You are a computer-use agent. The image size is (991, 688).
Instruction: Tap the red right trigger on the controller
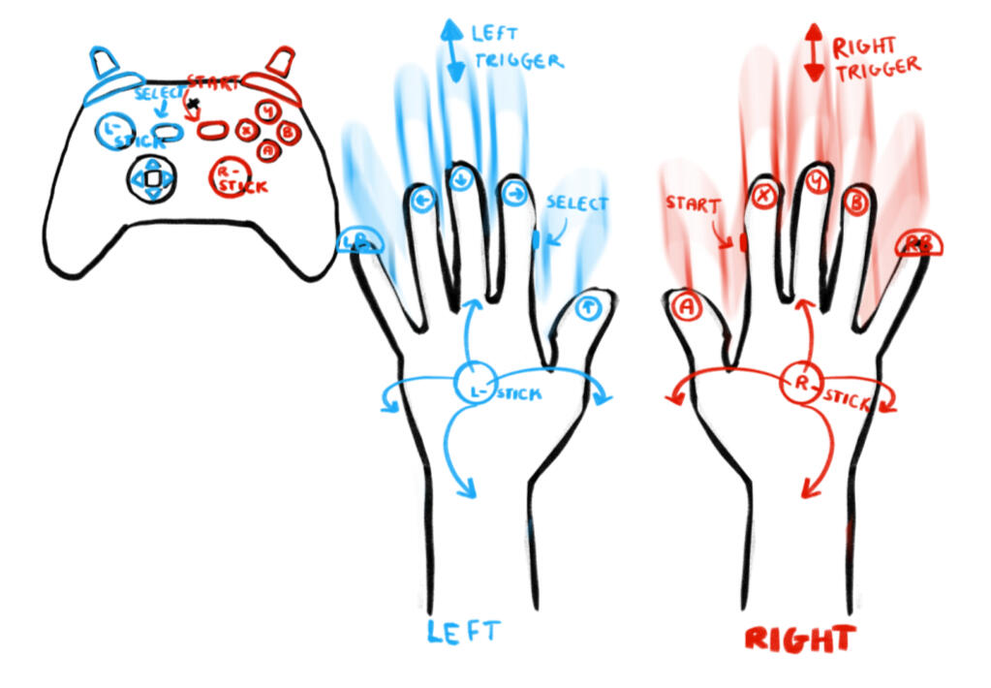click(x=280, y=62)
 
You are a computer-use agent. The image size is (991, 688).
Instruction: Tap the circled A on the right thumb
click(x=686, y=306)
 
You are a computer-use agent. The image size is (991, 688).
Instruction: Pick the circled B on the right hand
click(x=856, y=203)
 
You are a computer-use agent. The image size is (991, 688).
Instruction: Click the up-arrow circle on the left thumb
click(x=587, y=309)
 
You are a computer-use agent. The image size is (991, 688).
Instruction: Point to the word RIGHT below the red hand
click(x=800, y=639)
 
